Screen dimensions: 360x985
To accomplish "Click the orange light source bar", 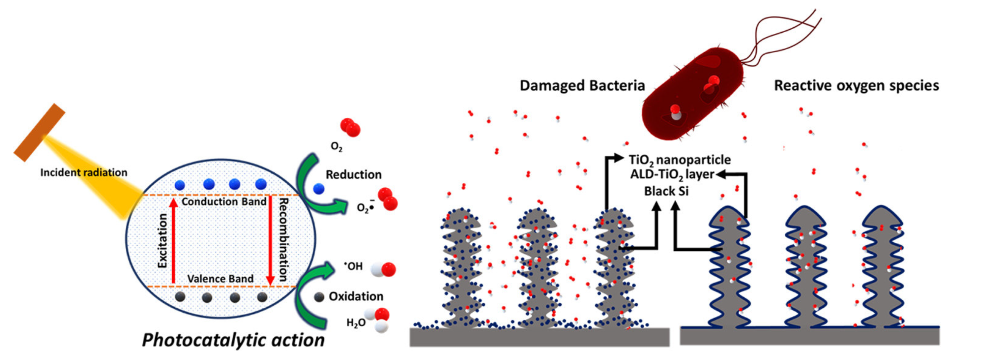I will (x=40, y=132).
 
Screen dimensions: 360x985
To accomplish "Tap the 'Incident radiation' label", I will (x=83, y=173).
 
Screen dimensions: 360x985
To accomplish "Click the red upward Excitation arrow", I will (x=174, y=242).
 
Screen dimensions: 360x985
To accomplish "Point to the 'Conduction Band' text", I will (x=224, y=202).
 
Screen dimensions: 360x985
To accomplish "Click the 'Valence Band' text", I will (x=220, y=278).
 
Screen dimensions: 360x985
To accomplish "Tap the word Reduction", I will (x=353, y=175).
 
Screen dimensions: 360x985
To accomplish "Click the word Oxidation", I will (x=356, y=297).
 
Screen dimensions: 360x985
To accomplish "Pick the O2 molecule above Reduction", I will (x=350, y=128).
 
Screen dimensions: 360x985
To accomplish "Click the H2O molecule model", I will (x=378, y=319).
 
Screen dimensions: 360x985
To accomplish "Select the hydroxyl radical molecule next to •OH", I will (x=383, y=269).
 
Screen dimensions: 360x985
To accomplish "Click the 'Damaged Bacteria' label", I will (x=582, y=85).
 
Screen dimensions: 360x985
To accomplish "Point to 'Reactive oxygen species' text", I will (x=856, y=85).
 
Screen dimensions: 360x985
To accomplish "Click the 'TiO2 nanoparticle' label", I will (x=679, y=160).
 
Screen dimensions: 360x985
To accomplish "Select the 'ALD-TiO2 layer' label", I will (x=672, y=175).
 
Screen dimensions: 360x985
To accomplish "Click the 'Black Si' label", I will (x=666, y=191).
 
